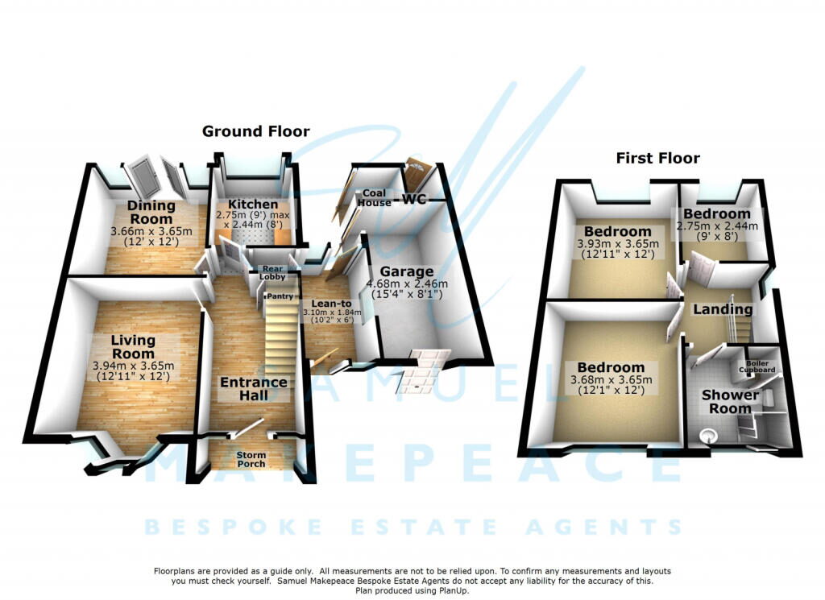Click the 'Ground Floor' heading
[x=255, y=131]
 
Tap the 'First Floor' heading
[x=658, y=158]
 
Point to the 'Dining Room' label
[x=150, y=213]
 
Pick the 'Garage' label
[x=407, y=272]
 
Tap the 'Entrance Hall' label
[x=254, y=389]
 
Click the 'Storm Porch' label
[x=251, y=460]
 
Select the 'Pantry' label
[x=280, y=296]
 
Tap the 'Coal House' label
[x=375, y=198]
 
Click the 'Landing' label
[x=723, y=309]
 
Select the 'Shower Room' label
[x=730, y=402]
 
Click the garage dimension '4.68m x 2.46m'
[x=407, y=284]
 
